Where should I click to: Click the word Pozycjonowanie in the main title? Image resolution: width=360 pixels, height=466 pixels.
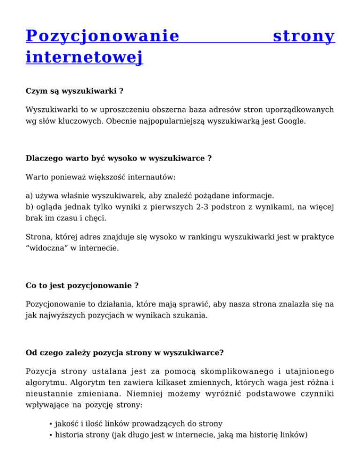[103, 36]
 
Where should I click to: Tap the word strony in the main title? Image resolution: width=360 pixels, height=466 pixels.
[304, 36]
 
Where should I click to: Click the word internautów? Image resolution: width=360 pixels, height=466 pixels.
[150, 178]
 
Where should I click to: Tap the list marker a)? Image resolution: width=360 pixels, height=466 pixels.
[30, 195]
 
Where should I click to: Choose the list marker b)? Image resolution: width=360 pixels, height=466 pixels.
[30, 206]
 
